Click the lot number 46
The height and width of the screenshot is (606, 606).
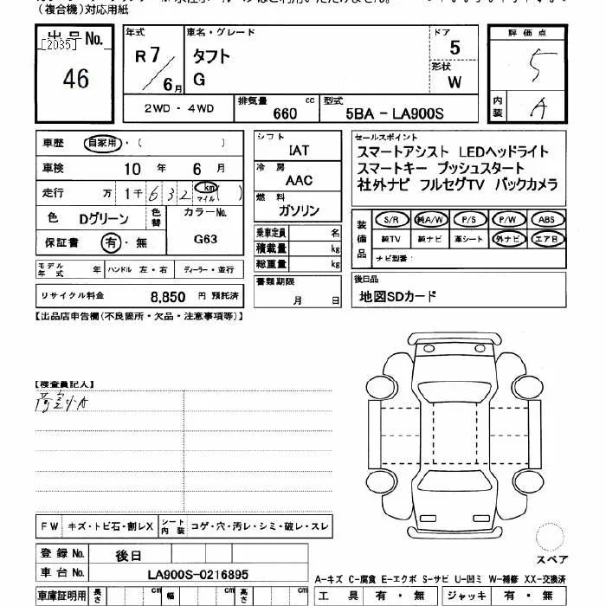[x=76, y=79]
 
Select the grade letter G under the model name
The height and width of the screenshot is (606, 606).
[x=199, y=81]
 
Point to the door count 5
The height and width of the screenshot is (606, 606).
[x=455, y=48]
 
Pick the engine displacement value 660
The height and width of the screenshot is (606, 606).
[x=285, y=113]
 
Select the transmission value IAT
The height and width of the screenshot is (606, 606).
[x=299, y=151]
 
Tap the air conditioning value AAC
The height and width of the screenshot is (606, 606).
[x=299, y=180]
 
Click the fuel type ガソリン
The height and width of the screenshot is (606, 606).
[x=299, y=211]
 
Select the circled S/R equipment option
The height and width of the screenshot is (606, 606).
[x=390, y=220]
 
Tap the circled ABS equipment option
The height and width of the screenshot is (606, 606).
[x=546, y=220]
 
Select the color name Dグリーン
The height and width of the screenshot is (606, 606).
[x=104, y=217]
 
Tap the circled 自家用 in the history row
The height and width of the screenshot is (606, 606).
[x=102, y=143]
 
